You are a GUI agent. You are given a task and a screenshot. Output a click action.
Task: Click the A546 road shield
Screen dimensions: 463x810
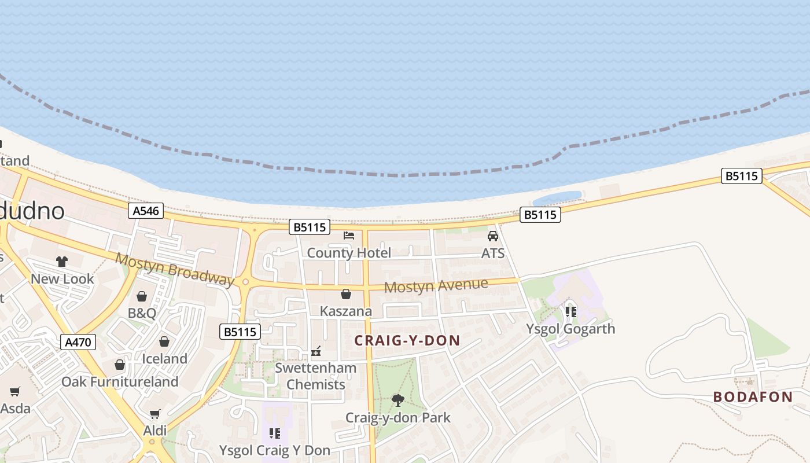pyautogui.click(x=146, y=211)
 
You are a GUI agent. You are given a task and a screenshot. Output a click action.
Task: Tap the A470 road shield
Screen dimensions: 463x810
pyautogui.click(x=78, y=342)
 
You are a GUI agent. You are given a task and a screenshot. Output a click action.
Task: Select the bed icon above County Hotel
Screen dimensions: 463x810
pyautogui.click(x=349, y=235)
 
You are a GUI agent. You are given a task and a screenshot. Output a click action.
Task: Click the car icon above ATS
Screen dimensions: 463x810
pyautogui.click(x=493, y=236)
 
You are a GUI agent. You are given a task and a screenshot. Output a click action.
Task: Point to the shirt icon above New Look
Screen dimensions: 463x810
pyautogui.click(x=62, y=262)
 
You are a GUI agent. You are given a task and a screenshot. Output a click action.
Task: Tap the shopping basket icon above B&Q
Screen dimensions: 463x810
pyautogui.click(x=142, y=296)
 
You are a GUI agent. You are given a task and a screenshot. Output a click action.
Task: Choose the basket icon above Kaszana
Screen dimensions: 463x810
pyautogui.click(x=346, y=294)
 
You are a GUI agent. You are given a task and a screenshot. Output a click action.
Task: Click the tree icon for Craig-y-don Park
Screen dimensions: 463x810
pyautogui.click(x=397, y=400)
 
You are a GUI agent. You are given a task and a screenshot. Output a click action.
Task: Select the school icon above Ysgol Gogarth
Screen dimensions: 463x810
pyautogui.click(x=570, y=312)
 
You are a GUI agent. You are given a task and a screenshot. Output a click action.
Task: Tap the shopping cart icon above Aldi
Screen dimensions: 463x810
pyautogui.click(x=154, y=414)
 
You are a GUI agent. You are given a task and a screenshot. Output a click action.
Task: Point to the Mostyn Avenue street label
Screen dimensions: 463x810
pyautogui.click(x=436, y=285)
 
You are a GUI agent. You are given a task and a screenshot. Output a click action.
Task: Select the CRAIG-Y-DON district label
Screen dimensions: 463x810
pyautogui.click(x=407, y=340)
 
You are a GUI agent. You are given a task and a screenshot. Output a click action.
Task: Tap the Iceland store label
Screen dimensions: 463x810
pyautogui.click(x=165, y=359)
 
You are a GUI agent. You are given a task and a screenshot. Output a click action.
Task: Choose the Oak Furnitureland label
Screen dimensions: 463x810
pyautogui.click(x=120, y=382)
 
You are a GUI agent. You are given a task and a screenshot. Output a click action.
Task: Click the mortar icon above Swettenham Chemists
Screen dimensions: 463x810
pyautogui.click(x=316, y=351)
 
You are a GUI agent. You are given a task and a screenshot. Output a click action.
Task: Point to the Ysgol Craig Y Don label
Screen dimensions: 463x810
pyautogui.click(x=274, y=450)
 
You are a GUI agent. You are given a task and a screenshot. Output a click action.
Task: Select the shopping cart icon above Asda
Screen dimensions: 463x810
pyautogui.click(x=15, y=392)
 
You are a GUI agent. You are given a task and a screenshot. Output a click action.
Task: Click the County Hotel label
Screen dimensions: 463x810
pyautogui.click(x=349, y=253)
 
